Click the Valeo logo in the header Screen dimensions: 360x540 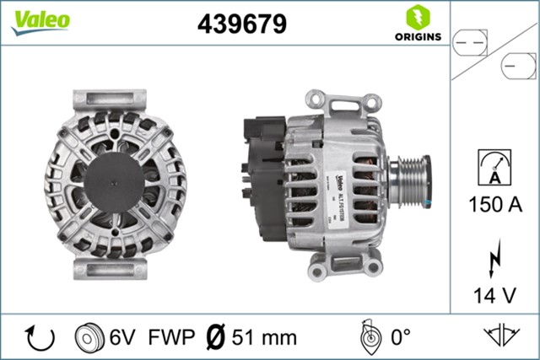pyautogui.click(x=40, y=21)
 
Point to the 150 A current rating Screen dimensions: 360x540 pyautogui.click(x=494, y=204)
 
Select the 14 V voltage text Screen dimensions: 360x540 pyautogui.click(x=494, y=294)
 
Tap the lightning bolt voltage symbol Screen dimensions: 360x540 pyautogui.click(x=494, y=258)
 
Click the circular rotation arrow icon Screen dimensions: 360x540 pyautogui.click(x=40, y=337)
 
